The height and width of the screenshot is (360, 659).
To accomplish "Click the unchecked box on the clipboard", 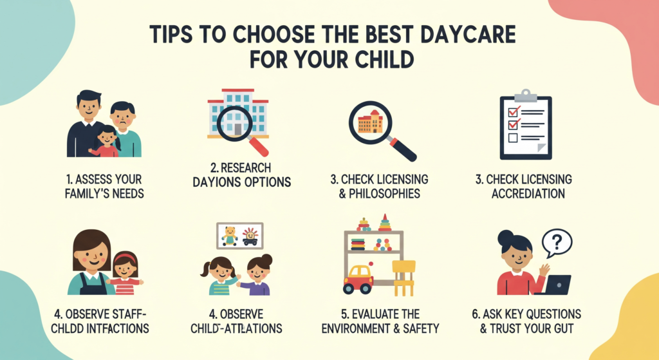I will [513, 138].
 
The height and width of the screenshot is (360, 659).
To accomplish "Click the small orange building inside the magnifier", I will [370, 120].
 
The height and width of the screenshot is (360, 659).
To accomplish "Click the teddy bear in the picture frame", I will [229, 236].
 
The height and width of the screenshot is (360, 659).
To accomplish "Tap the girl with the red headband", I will [125, 272].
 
